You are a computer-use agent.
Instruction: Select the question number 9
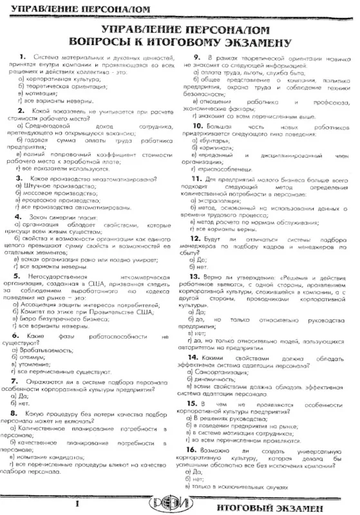pos(199,57)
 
